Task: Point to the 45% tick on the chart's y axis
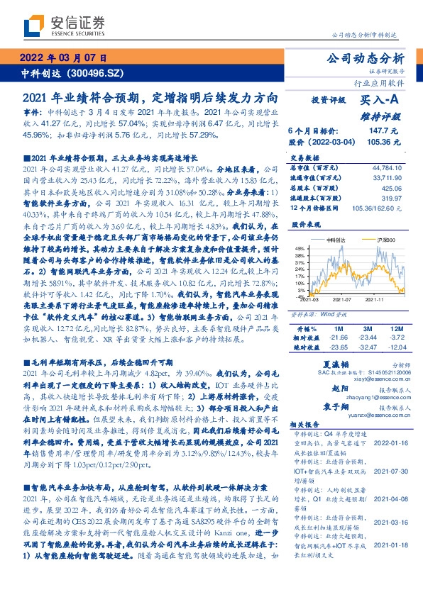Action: tap(301, 247)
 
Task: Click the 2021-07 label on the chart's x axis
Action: tap(344, 298)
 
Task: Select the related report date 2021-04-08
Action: tap(389, 479)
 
